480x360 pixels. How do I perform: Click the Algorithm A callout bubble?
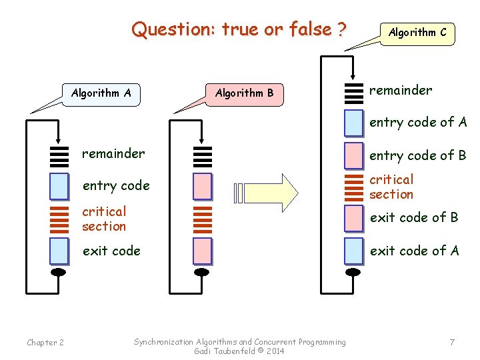coord(101,93)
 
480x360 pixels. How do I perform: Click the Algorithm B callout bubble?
coord(244,93)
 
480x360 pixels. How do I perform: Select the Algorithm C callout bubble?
coord(417,32)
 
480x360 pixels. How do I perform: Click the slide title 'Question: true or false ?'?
coord(239,29)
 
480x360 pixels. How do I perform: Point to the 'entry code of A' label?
coord(418,122)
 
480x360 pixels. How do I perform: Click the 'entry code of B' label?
coord(418,156)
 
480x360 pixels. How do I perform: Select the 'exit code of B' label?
coord(414,217)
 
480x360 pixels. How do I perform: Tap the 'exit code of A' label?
coord(414,251)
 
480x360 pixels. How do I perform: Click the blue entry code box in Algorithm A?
coord(59,187)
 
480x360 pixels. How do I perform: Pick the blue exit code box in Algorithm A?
coord(59,251)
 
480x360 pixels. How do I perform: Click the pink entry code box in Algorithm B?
coord(202,187)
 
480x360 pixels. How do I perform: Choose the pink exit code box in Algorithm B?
coord(202,251)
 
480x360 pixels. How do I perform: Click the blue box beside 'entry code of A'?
coord(354,123)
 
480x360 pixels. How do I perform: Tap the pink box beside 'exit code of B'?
coord(354,217)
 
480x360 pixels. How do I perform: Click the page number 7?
coord(452,343)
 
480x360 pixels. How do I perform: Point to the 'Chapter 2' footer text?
coord(45,343)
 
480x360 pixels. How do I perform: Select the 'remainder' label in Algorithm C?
coord(401,90)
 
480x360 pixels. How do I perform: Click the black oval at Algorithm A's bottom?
coord(59,271)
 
